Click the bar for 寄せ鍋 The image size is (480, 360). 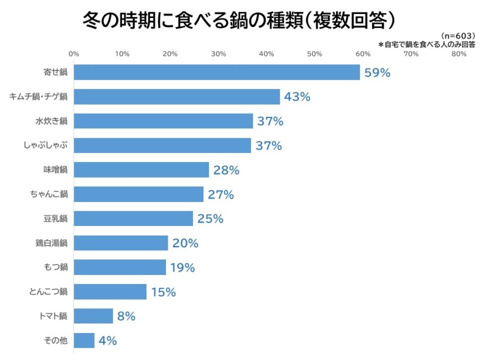tap(217, 73)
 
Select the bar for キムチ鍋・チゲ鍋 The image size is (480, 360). tap(177, 97)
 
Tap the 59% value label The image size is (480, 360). tap(377, 73)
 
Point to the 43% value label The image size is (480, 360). tap(297, 97)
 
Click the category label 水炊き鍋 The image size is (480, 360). tap(51, 121)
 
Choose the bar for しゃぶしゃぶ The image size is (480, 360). tap(163, 146)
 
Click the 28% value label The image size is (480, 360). tap(226, 170)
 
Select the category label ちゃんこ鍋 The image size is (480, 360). tap(49, 195)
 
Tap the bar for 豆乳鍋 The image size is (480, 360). tap(133, 219)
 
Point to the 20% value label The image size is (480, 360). tap(185, 244)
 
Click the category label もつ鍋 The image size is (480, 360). tap(55, 268)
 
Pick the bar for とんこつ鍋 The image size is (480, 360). tap(110, 292)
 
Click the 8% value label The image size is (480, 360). tap(126, 317)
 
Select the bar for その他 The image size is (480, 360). tap(84, 341)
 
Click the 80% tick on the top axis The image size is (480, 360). tap(459, 54)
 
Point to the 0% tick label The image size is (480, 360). tap(74, 54)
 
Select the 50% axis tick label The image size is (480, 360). tap(315, 54)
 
